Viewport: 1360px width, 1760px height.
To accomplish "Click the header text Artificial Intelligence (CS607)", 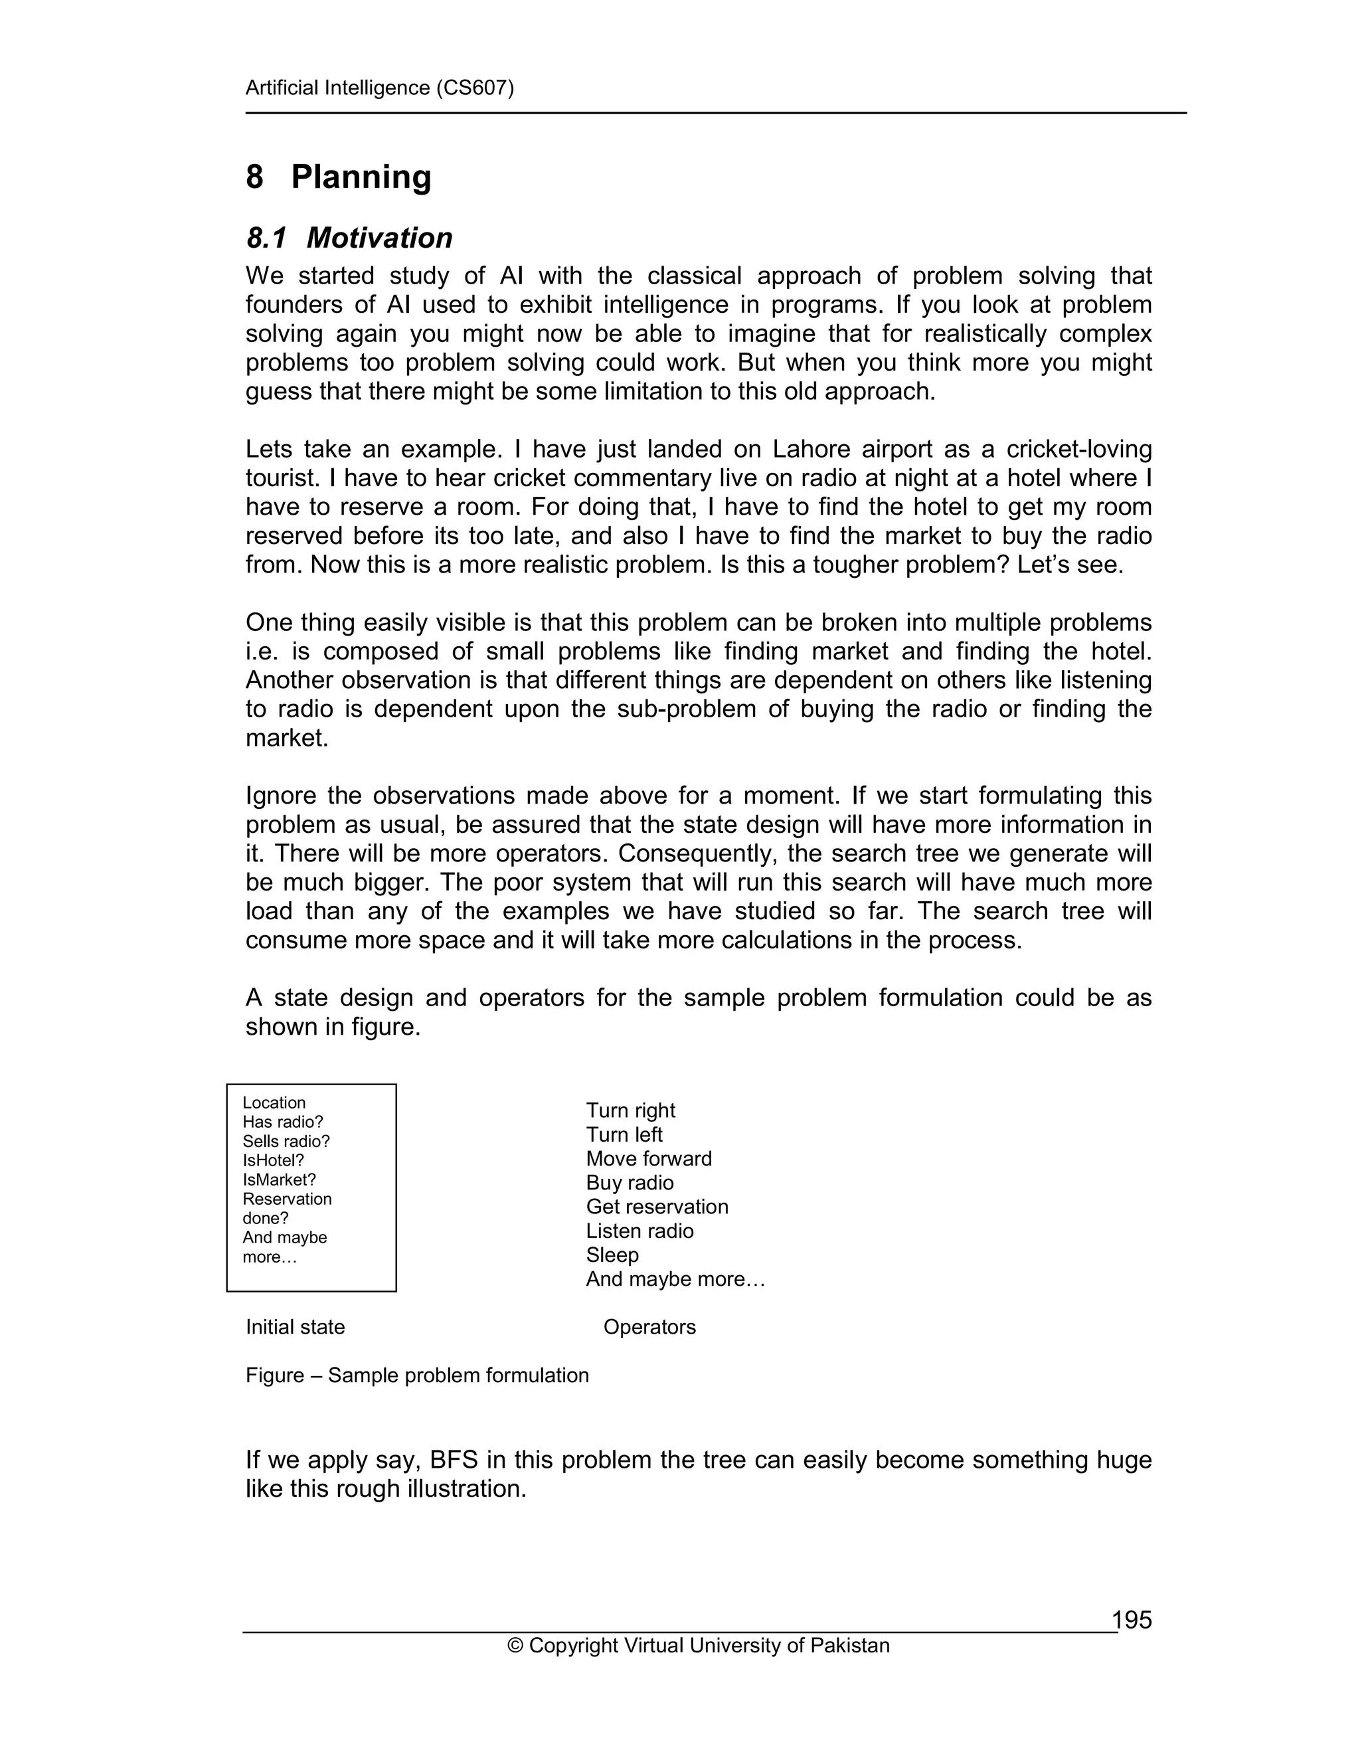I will (x=379, y=88).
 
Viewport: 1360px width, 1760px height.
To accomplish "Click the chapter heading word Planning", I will (x=361, y=177).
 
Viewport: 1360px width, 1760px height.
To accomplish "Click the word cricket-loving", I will (x=1079, y=449).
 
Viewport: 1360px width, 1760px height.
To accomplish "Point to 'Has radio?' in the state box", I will (x=283, y=1122).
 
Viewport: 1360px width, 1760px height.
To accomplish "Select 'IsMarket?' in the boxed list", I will (x=279, y=1180).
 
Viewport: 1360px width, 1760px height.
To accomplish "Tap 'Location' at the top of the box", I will (x=274, y=1102).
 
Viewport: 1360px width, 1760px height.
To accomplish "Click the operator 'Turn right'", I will (x=630, y=1110).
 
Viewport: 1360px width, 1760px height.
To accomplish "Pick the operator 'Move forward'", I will (x=649, y=1159).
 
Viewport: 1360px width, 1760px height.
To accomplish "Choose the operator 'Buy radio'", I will (x=630, y=1183).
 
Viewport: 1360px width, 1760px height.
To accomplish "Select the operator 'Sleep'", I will (x=612, y=1255).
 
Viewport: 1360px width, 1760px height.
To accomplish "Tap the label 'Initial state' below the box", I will (x=295, y=1327).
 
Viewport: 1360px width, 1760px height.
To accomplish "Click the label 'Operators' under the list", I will (x=649, y=1327).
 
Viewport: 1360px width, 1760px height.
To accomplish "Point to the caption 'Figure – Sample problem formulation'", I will (x=417, y=1375).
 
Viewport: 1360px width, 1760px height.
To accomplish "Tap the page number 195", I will (x=1132, y=1620).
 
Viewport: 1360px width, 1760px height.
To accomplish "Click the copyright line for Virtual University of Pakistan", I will (x=699, y=1646).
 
